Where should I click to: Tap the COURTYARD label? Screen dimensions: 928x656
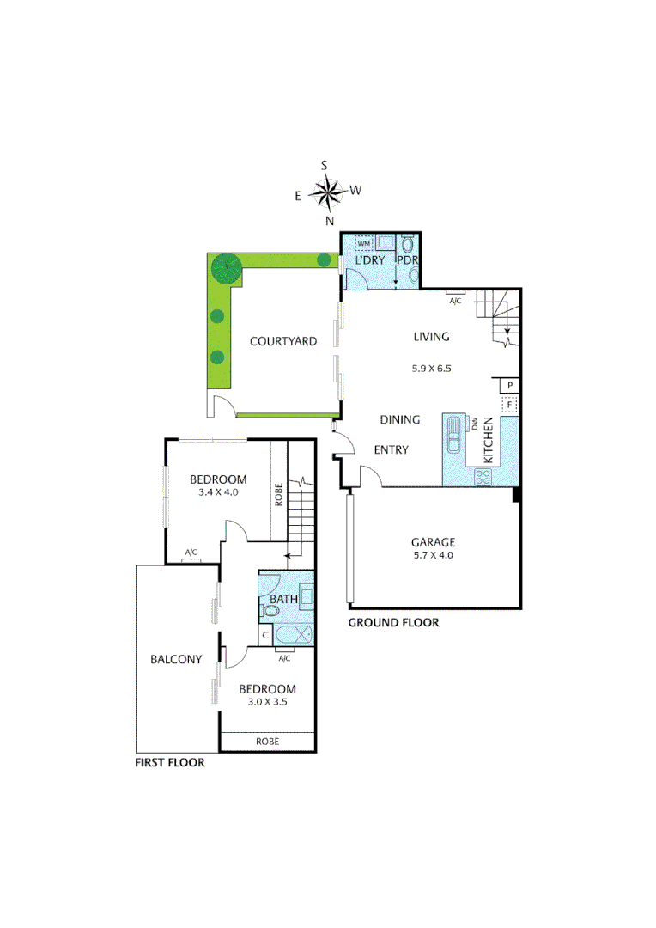(x=282, y=341)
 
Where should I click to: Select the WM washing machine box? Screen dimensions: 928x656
(x=363, y=244)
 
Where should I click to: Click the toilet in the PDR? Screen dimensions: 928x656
(x=407, y=245)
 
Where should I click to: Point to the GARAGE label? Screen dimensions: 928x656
(x=432, y=542)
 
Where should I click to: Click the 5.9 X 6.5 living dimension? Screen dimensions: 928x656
(x=431, y=368)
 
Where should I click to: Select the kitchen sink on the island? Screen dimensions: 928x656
(x=453, y=442)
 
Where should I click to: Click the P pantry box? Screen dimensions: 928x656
(x=509, y=385)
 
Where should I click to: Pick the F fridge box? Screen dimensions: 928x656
(x=509, y=404)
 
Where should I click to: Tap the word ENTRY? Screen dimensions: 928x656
(x=392, y=450)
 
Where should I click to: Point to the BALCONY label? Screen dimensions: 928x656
(x=176, y=660)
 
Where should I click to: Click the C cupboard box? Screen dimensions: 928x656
(x=265, y=636)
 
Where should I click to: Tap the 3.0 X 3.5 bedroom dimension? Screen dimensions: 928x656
(x=267, y=702)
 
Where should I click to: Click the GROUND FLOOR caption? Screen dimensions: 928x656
(x=393, y=623)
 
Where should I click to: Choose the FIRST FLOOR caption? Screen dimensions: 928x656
(x=170, y=762)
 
